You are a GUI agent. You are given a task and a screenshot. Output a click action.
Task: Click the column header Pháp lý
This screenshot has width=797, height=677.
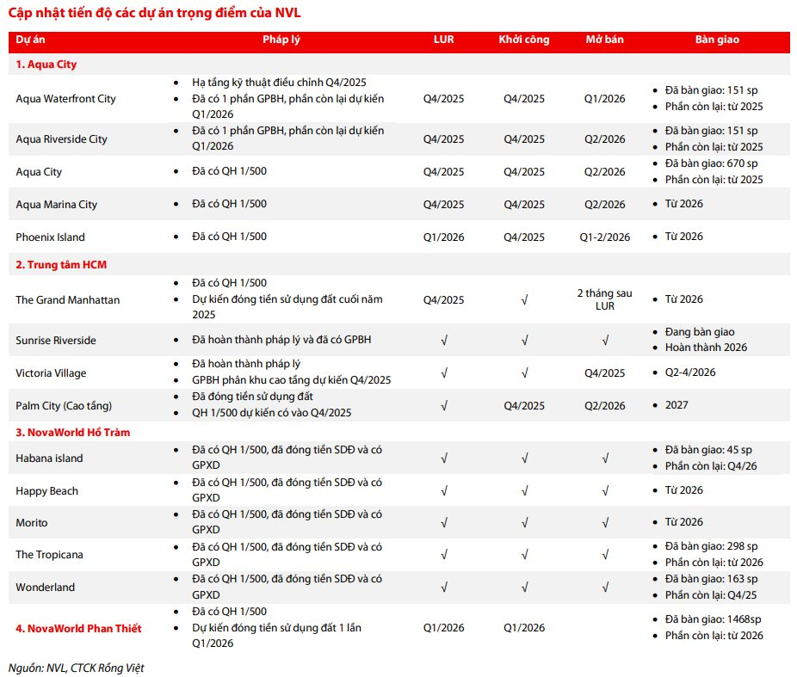(281, 40)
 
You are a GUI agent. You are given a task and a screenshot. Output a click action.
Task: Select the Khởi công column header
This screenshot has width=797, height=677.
(523, 40)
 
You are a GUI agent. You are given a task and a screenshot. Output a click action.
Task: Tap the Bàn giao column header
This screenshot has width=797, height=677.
(717, 40)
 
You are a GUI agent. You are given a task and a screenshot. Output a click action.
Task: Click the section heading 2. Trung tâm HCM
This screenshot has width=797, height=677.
(61, 265)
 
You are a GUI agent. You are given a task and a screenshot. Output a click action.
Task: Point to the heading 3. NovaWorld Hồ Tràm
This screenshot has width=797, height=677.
(73, 432)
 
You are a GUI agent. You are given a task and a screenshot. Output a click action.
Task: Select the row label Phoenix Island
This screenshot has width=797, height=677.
(50, 237)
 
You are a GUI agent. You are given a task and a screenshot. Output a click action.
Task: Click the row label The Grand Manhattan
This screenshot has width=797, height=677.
(68, 300)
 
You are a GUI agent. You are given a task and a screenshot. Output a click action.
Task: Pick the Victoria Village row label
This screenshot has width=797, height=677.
(51, 373)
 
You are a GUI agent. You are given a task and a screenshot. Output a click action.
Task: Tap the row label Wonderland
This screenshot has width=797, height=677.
(45, 588)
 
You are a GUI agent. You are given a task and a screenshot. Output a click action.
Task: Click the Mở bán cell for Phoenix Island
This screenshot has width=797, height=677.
(605, 237)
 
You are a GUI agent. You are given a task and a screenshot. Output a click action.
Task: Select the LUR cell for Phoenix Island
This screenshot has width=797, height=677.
(443, 237)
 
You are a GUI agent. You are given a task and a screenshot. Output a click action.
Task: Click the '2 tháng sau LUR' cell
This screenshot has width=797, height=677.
(605, 300)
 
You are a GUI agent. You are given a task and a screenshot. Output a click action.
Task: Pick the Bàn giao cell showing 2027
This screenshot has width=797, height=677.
(677, 404)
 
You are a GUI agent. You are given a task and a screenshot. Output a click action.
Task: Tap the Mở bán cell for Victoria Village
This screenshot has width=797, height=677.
(605, 373)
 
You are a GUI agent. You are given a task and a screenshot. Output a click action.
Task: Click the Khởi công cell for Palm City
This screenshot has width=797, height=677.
(523, 404)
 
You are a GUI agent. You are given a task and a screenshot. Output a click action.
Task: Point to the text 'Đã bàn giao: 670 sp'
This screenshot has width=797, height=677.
(712, 163)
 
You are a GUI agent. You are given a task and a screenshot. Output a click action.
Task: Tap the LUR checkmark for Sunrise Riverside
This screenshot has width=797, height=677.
(443, 341)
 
